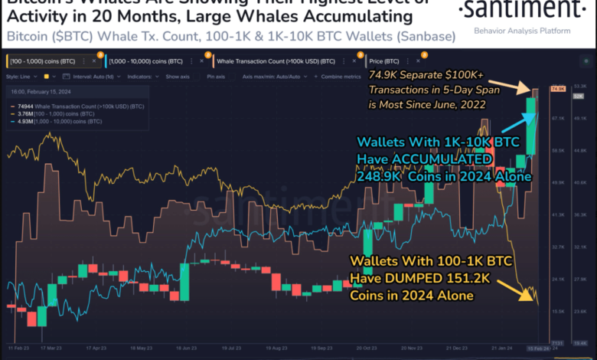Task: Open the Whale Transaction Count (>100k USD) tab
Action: coord(265,61)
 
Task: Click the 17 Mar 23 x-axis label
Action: coord(51,346)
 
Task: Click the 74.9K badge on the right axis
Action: coord(557,90)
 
